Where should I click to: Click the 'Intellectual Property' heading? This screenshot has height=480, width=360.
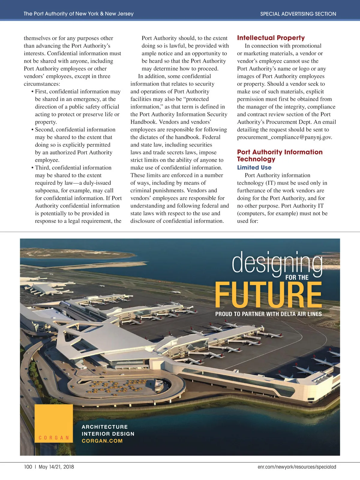[x=271, y=38]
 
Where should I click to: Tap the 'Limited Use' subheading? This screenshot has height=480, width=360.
[x=254, y=168]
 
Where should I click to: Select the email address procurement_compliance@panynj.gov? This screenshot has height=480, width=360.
[x=284, y=137]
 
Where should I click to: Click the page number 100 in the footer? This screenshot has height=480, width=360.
[x=28, y=467]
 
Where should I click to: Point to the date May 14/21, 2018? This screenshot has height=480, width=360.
[x=56, y=467]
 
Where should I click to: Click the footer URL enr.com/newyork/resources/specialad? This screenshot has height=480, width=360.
[x=297, y=467]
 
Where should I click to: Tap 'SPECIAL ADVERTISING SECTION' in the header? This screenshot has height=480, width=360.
[x=298, y=14]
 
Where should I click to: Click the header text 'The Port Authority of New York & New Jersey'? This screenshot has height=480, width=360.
[x=79, y=14]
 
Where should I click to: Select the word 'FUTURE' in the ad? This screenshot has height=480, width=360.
[x=268, y=295]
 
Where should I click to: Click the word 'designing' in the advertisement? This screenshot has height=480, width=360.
[x=277, y=263]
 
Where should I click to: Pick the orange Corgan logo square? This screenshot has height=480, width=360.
[x=54, y=423]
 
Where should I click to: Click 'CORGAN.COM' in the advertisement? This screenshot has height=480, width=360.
[x=102, y=441]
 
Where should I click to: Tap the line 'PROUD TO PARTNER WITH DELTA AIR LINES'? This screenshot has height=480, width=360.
[x=268, y=314]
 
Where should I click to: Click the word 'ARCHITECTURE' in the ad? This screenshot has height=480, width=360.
[x=105, y=427]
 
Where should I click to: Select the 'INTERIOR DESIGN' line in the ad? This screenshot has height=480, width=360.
[x=108, y=434]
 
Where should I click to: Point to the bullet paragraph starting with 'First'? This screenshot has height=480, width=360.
[x=77, y=107]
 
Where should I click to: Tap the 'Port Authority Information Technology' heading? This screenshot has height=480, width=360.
[x=280, y=155]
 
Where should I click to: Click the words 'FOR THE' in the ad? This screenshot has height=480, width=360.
[x=297, y=278]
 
